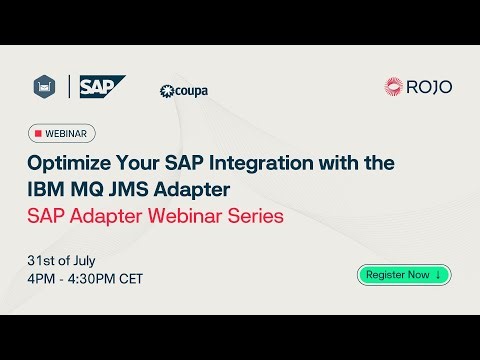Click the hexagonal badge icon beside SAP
tap(44, 87)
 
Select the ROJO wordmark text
tap(429, 87)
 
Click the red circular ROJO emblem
tap(394, 87)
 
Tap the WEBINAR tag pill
tap(62, 133)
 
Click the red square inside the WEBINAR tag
tap(38, 133)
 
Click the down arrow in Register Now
tap(438, 274)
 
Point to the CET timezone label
tap(126, 278)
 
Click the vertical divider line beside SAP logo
tap(69, 87)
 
